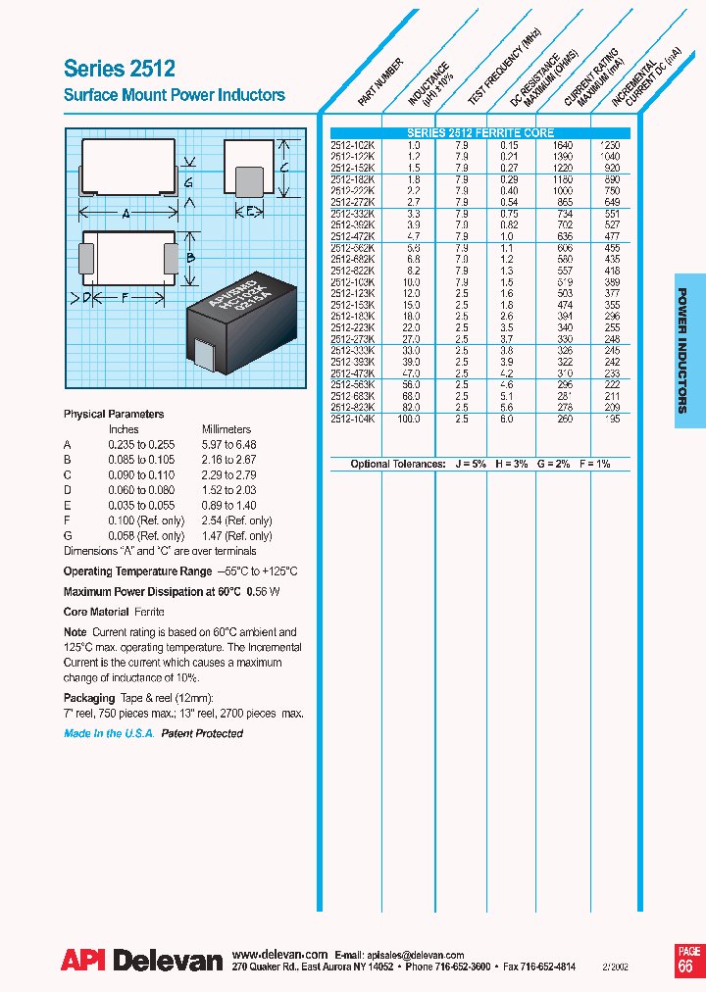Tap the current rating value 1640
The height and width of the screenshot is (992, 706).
[561, 145]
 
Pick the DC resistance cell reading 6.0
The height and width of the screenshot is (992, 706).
[508, 419]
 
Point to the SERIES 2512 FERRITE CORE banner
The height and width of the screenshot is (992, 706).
[480, 133]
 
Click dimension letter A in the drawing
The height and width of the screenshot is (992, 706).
[126, 214]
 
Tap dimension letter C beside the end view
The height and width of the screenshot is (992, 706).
[283, 168]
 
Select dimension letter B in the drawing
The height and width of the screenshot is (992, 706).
[193, 258]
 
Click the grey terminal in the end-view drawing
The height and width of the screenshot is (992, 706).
[250, 182]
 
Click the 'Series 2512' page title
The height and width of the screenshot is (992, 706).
[120, 69]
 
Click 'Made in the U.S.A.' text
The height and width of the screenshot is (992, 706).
[109, 733]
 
